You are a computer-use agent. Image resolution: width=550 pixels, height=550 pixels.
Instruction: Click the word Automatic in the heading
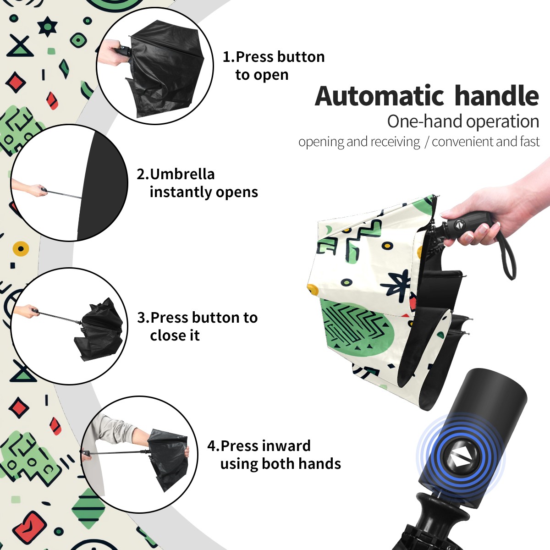(379, 96)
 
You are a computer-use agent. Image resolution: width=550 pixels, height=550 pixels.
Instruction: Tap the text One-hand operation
(463, 121)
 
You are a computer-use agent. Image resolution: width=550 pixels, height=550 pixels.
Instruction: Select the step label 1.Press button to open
(274, 66)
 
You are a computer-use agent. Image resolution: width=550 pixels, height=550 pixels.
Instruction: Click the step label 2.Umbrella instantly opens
(197, 183)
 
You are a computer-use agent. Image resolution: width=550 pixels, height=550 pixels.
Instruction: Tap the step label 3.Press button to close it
(197, 326)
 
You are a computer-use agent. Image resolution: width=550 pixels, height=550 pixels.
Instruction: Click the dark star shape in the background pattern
(47, 26)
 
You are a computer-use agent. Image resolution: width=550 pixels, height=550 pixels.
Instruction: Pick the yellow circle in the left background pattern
(21, 248)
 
